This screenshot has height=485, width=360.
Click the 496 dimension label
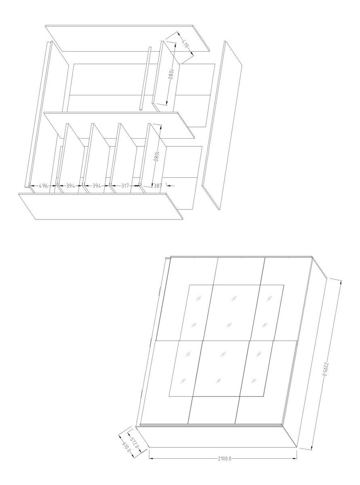click(43, 186)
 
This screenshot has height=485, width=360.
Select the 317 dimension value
click(125, 186)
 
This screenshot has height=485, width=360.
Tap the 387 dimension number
click(158, 186)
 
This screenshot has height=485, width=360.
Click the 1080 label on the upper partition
click(171, 74)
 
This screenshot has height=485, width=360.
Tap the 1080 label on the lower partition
click(156, 156)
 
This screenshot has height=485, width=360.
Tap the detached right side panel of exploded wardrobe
click(222, 125)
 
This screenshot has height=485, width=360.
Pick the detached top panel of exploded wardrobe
click(128, 38)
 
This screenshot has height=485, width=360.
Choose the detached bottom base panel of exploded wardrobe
click(101, 206)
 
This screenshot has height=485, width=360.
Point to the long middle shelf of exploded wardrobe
click(119, 125)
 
